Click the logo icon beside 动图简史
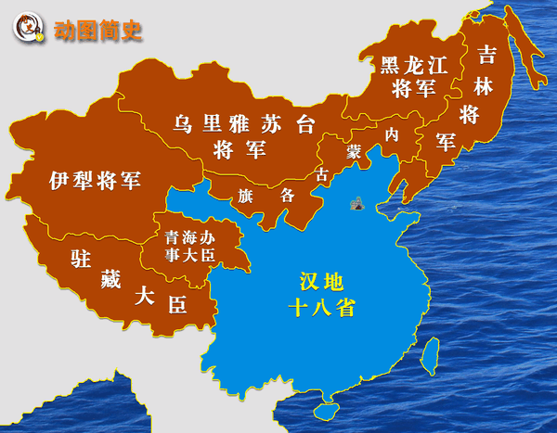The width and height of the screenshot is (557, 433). [x=31, y=30]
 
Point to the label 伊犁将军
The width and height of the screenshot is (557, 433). [x=96, y=179]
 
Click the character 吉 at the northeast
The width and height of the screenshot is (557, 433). [x=487, y=54]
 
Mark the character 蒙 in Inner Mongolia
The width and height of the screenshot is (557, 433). [x=354, y=151]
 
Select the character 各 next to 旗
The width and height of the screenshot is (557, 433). [x=288, y=195]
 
